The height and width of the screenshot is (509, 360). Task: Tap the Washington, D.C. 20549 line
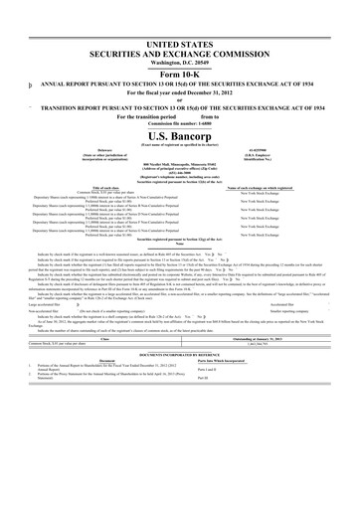[x=180, y=39]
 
